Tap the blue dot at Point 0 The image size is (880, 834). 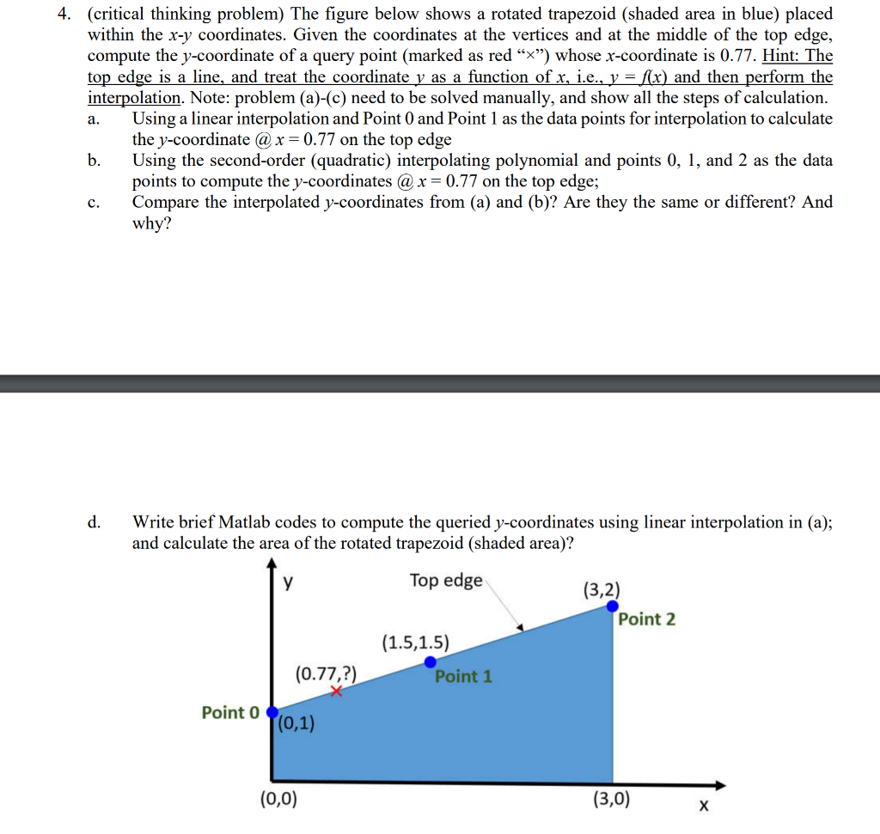point(272,713)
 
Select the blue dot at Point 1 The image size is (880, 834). point(431,661)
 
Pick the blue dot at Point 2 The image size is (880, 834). point(613,606)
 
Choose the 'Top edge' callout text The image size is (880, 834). point(446,581)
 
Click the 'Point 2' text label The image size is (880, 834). point(647,619)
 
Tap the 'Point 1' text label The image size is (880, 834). point(463,676)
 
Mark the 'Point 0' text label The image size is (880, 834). point(229,713)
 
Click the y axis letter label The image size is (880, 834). point(289,582)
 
